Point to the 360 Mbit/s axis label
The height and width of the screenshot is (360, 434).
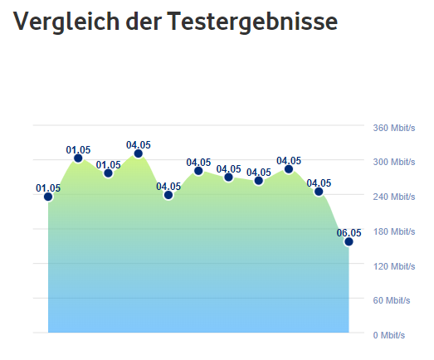[393, 128]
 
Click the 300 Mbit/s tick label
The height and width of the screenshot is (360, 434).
[393, 162]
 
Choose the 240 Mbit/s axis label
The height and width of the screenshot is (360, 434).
[393, 197]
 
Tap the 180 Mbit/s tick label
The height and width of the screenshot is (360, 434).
[393, 231]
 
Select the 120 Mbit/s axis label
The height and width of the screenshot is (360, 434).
[393, 266]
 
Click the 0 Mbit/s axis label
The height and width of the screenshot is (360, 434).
[388, 335]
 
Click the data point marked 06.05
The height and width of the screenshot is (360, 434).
[349, 241]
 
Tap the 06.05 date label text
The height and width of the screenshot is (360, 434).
[349, 232]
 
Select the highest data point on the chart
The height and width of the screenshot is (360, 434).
[139, 153]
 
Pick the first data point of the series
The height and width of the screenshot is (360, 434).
[48, 197]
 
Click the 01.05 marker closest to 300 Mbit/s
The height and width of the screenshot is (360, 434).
[78, 158]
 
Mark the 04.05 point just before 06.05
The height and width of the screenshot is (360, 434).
[319, 192]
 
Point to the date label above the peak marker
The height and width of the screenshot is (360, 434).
[139, 144]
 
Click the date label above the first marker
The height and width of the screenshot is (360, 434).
[48, 187]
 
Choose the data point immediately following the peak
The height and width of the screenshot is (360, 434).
[168, 195]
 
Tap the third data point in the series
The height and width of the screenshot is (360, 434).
[108, 173]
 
